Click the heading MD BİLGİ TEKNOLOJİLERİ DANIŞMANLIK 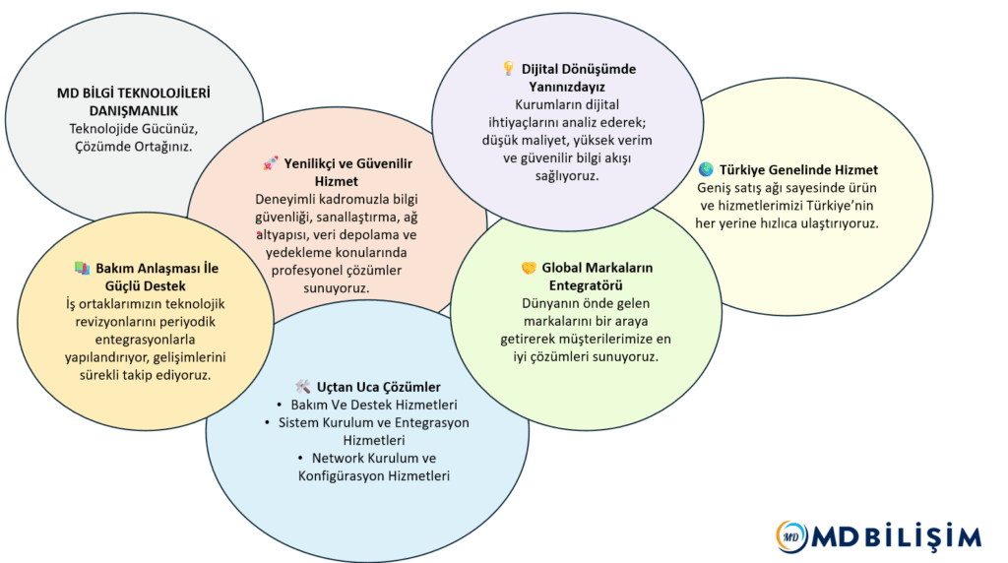tap(134, 102)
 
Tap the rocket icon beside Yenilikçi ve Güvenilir tap(270, 162)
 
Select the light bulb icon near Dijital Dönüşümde tap(508, 69)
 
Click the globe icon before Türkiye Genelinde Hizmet tap(705, 169)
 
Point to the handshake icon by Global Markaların tap(528, 268)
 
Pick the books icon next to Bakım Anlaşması tap(82, 268)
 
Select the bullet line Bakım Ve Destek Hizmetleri tap(374, 405)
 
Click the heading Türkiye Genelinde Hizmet tap(798, 169)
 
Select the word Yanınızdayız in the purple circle tap(568, 87)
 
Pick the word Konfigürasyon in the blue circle tap(341, 475)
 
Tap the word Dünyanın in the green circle tap(547, 303)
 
